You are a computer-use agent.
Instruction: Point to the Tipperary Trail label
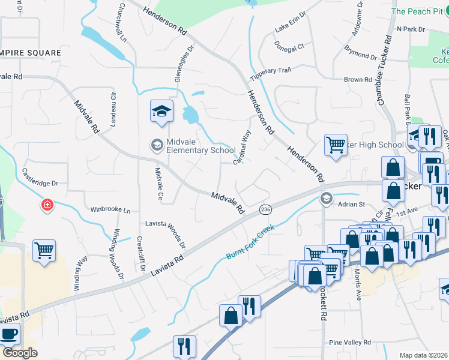tap(271, 71)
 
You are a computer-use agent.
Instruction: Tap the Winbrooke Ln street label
tap(110, 210)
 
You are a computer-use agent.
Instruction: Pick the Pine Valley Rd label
tap(351, 342)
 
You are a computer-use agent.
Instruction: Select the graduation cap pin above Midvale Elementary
tap(161, 112)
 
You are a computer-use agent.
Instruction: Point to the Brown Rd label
tap(358, 79)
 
